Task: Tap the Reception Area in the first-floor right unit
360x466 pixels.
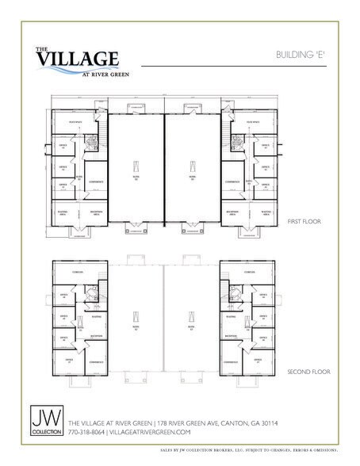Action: (x=233, y=212)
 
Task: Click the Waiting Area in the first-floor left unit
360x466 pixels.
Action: (x=63, y=212)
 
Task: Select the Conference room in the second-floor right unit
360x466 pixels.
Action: (x=233, y=361)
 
